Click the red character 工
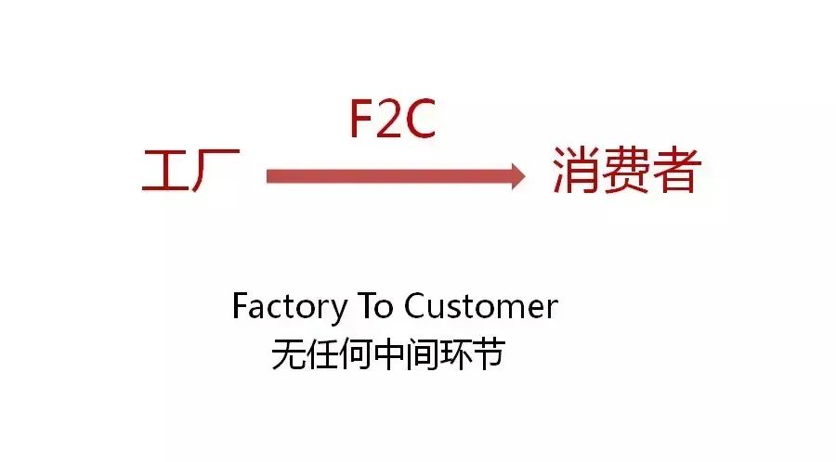point(164,173)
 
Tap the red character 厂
point(217,173)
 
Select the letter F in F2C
point(362,121)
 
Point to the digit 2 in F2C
point(391,121)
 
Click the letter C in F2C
point(420,121)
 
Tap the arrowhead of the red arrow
point(515,175)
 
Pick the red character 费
point(625,171)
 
